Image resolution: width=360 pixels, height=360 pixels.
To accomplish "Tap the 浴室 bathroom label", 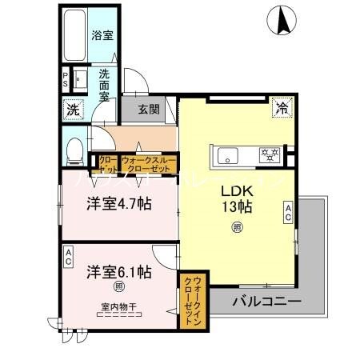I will tap(102, 36).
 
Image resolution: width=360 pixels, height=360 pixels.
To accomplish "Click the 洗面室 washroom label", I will tap(105, 84).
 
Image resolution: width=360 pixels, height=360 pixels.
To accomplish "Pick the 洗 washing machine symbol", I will tap(73, 109).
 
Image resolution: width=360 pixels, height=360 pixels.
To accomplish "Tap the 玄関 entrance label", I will tap(148, 110).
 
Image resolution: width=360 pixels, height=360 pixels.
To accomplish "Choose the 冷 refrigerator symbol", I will tap(281, 107).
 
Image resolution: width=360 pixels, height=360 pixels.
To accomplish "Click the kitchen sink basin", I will tap(226, 154).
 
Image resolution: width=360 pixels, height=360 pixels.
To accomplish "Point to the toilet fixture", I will tap(75, 149).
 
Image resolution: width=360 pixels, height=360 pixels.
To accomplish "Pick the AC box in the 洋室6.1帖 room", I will tap(69, 256).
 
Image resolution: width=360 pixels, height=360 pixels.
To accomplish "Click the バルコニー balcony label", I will tap(267, 302).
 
